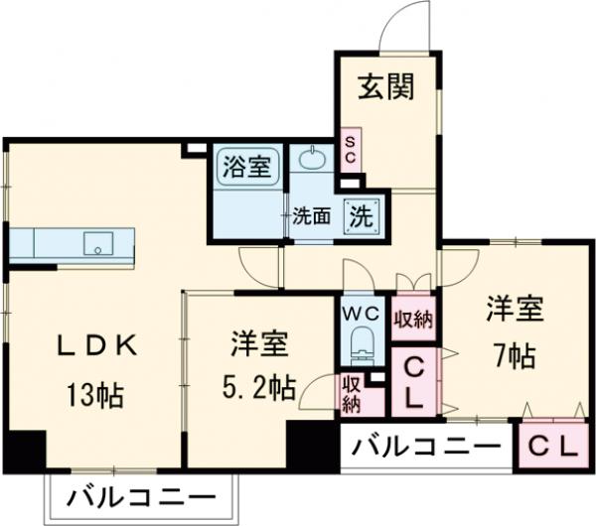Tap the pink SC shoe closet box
click(x=350, y=150)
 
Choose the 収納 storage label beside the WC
click(x=412, y=320)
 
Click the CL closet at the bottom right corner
click(x=551, y=446)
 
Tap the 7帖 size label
click(x=514, y=354)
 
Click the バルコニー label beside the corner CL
click(x=426, y=446)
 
